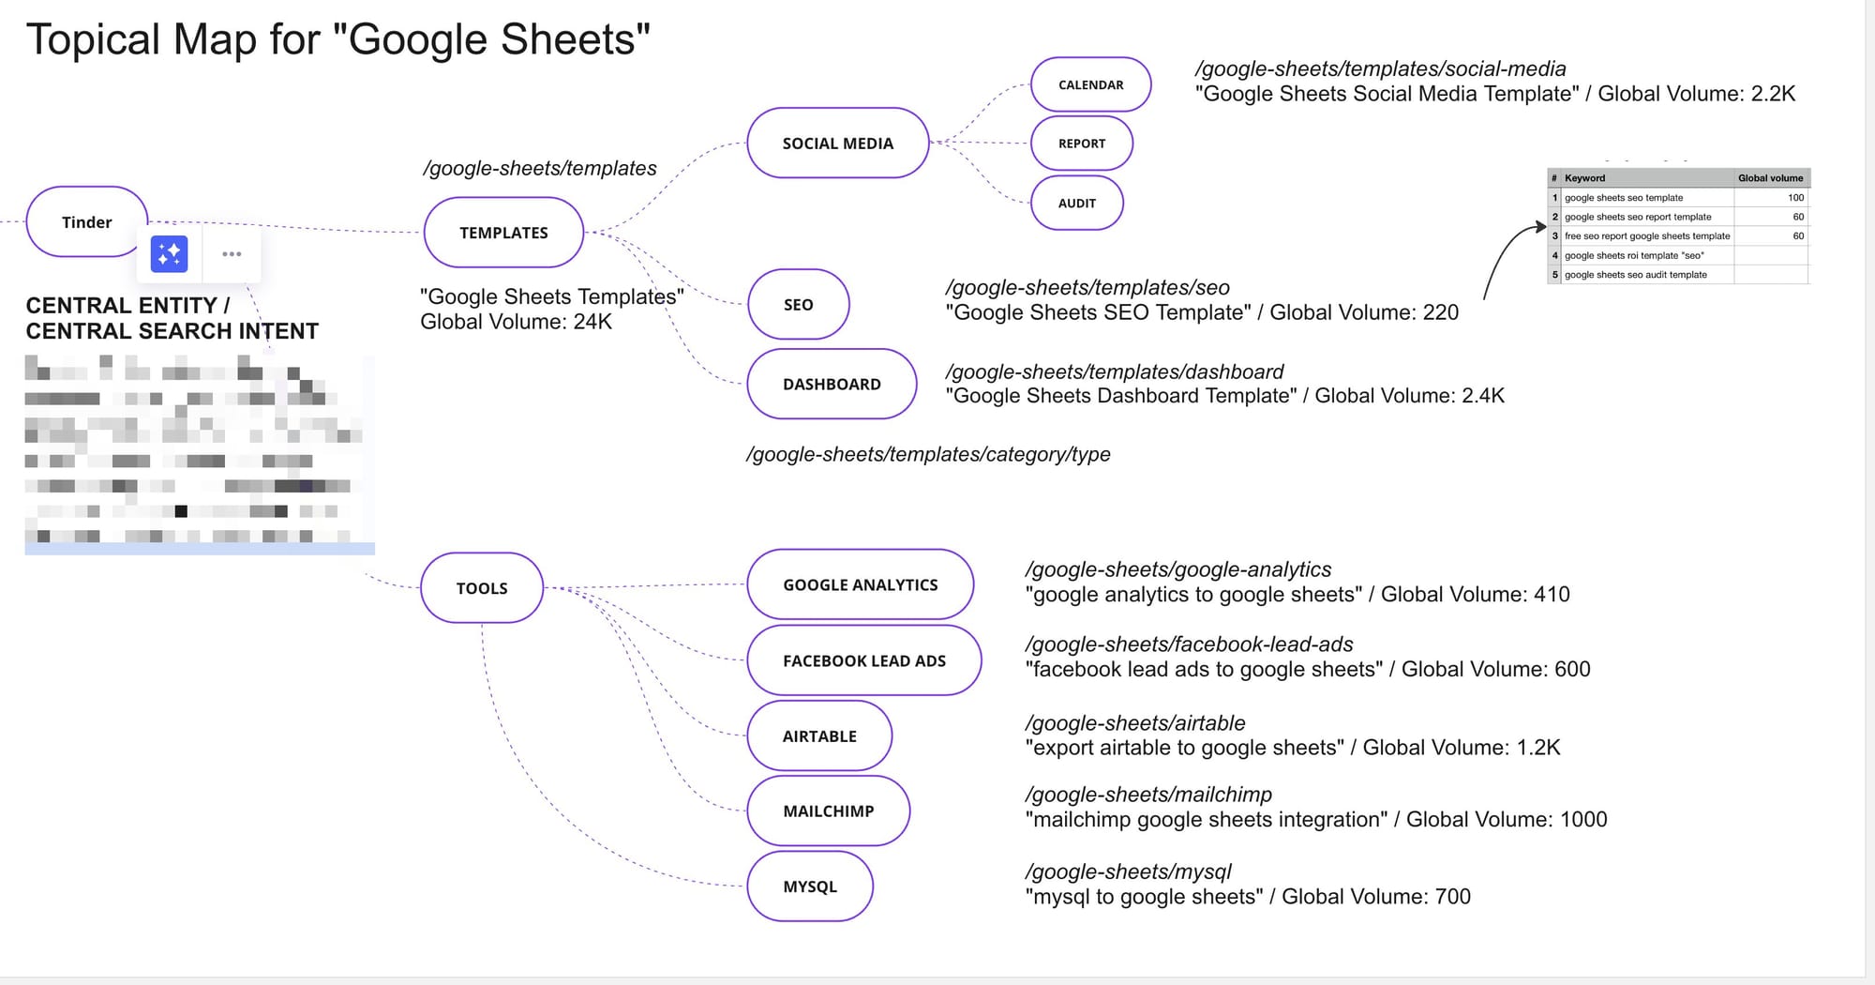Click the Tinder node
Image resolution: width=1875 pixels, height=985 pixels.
click(86, 222)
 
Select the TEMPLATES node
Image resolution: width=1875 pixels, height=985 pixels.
click(503, 233)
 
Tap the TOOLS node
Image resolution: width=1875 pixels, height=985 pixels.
click(482, 588)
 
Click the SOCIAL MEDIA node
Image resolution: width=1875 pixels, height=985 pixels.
click(837, 144)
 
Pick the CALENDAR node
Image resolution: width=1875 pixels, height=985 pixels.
click(1090, 85)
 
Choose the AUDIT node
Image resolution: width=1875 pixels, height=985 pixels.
click(1076, 204)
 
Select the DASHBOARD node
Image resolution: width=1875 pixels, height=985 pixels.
click(832, 385)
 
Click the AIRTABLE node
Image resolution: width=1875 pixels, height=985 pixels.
click(819, 736)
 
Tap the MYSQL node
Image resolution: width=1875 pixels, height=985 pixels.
click(810, 886)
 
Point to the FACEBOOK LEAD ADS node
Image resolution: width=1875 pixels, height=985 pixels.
click(863, 661)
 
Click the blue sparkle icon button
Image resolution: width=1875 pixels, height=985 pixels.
click(170, 254)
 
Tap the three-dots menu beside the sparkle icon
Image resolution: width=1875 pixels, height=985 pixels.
click(232, 254)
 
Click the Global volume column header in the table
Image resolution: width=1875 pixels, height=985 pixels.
click(1770, 178)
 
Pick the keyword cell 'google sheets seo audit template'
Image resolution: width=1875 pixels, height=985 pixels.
click(1635, 275)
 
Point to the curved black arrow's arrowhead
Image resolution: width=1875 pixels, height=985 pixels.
click(1540, 226)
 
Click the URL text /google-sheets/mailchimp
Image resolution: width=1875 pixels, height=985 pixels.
click(1148, 795)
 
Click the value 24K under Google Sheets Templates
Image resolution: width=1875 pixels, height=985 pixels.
click(592, 322)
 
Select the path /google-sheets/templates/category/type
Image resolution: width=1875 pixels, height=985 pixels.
click(928, 455)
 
